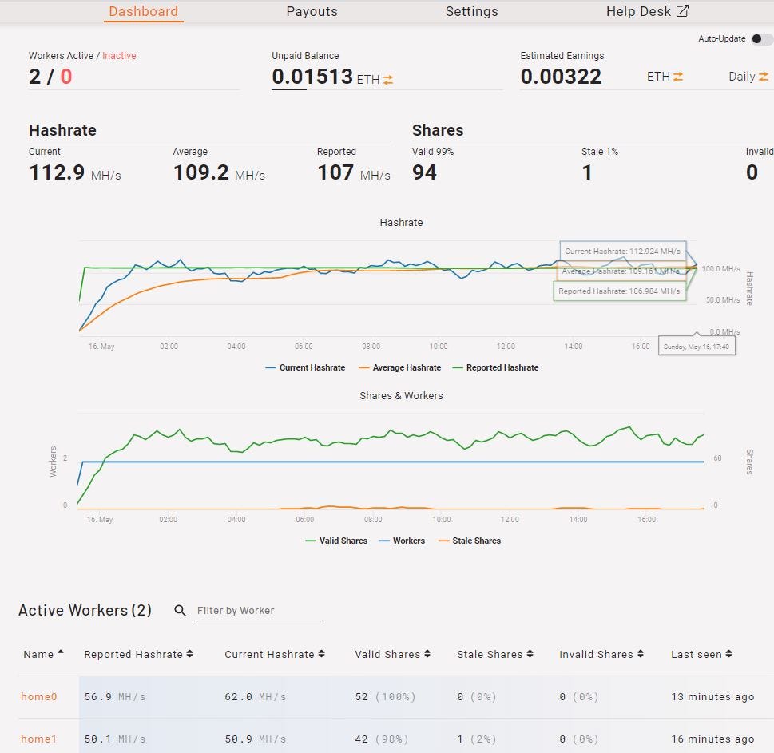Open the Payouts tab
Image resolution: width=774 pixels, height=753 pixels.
(x=312, y=11)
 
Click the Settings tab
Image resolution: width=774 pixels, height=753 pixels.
(x=471, y=11)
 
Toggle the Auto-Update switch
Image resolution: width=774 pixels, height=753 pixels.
(x=761, y=39)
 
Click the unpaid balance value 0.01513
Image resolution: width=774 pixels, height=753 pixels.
(x=312, y=77)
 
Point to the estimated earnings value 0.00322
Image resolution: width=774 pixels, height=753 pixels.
(x=561, y=77)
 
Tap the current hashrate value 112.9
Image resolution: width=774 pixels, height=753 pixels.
(x=57, y=172)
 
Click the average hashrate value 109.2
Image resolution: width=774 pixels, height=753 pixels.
(x=201, y=172)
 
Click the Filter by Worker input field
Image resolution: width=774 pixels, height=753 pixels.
(x=259, y=611)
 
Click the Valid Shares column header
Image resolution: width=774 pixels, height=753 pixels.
(x=387, y=654)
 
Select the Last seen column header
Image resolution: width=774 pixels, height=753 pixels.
(x=697, y=654)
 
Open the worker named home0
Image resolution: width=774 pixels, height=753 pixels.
(x=38, y=696)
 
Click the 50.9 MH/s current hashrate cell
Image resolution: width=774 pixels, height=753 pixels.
(x=255, y=739)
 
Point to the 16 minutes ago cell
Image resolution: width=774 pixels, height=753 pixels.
(x=712, y=739)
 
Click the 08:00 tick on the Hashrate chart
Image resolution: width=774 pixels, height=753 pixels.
(x=371, y=347)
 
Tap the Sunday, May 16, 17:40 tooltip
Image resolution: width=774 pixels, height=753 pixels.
(x=697, y=347)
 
